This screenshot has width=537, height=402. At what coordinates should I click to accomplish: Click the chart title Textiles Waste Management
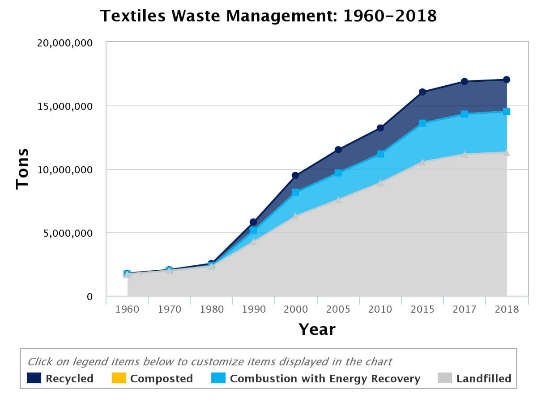pos(268,16)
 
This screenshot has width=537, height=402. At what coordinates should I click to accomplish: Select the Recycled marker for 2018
pos(507,80)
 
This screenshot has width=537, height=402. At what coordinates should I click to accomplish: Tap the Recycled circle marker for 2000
pos(295,176)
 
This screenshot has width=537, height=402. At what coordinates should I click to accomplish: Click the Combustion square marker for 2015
pos(422,123)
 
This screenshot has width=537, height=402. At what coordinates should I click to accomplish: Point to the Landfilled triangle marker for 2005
pos(338,200)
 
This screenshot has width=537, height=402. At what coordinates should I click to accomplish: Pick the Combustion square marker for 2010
pos(380,154)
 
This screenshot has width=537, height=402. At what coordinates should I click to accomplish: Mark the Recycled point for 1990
pos(253,222)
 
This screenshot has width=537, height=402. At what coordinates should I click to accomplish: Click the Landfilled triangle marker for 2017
pos(465,155)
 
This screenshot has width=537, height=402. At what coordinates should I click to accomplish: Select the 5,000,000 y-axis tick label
pos(64,233)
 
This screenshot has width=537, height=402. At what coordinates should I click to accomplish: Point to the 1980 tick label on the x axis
pos(212,309)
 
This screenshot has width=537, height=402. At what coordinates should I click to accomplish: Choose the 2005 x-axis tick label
pos(338,309)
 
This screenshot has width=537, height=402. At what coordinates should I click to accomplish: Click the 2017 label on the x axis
pos(465,309)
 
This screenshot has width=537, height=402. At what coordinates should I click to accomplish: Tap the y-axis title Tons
pos(22,169)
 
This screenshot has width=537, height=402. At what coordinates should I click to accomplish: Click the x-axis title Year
pos(317,330)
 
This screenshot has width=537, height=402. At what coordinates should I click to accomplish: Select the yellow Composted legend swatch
pos(119,378)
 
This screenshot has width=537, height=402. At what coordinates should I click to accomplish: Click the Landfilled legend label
pos(484,379)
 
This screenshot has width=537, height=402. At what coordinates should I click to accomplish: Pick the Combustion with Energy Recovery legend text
pos(325,379)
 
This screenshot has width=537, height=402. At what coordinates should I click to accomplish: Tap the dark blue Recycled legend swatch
pos(34,378)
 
